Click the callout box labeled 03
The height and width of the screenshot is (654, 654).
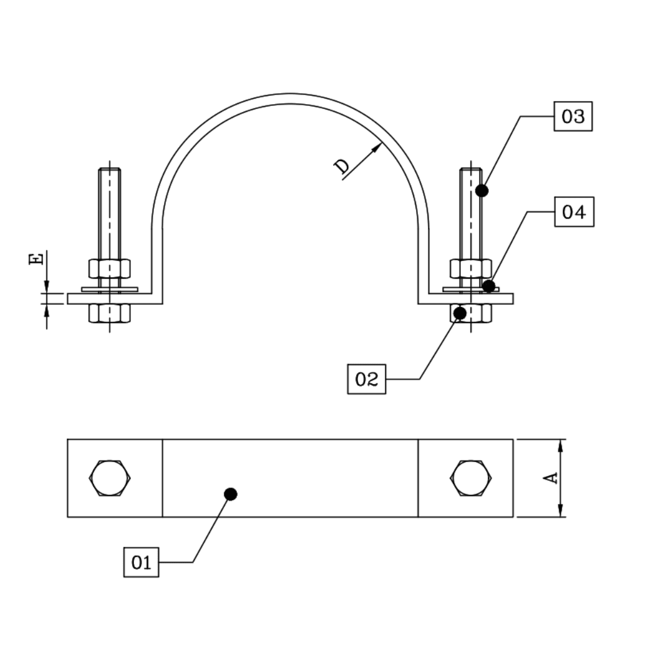[x=573, y=116]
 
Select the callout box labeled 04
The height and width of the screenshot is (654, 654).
[x=574, y=212]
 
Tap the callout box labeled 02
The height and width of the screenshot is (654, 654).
[x=366, y=379]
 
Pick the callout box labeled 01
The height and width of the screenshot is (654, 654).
[x=141, y=562]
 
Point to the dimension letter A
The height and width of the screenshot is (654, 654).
[x=550, y=478]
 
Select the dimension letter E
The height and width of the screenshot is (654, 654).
[x=36, y=259]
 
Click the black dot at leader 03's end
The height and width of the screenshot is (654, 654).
[x=481, y=191]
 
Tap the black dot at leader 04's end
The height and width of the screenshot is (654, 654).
[x=489, y=286]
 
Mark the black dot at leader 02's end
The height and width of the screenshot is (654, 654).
[x=460, y=313]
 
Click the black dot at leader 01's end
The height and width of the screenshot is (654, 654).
[x=230, y=494]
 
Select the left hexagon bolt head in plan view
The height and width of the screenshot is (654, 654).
[x=110, y=478]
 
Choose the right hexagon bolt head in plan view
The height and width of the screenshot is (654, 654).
[x=471, y=478]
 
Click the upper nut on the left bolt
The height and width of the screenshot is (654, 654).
[x=110, y=268]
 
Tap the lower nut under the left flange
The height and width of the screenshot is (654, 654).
[x=110, y=313]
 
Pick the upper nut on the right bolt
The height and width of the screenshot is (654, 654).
[x=471, y=268]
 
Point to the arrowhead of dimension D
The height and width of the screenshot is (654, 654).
[x=377, y=147]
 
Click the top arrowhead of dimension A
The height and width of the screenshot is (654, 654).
[x=561, y=445]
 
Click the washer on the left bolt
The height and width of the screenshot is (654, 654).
[x=110, y=289]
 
